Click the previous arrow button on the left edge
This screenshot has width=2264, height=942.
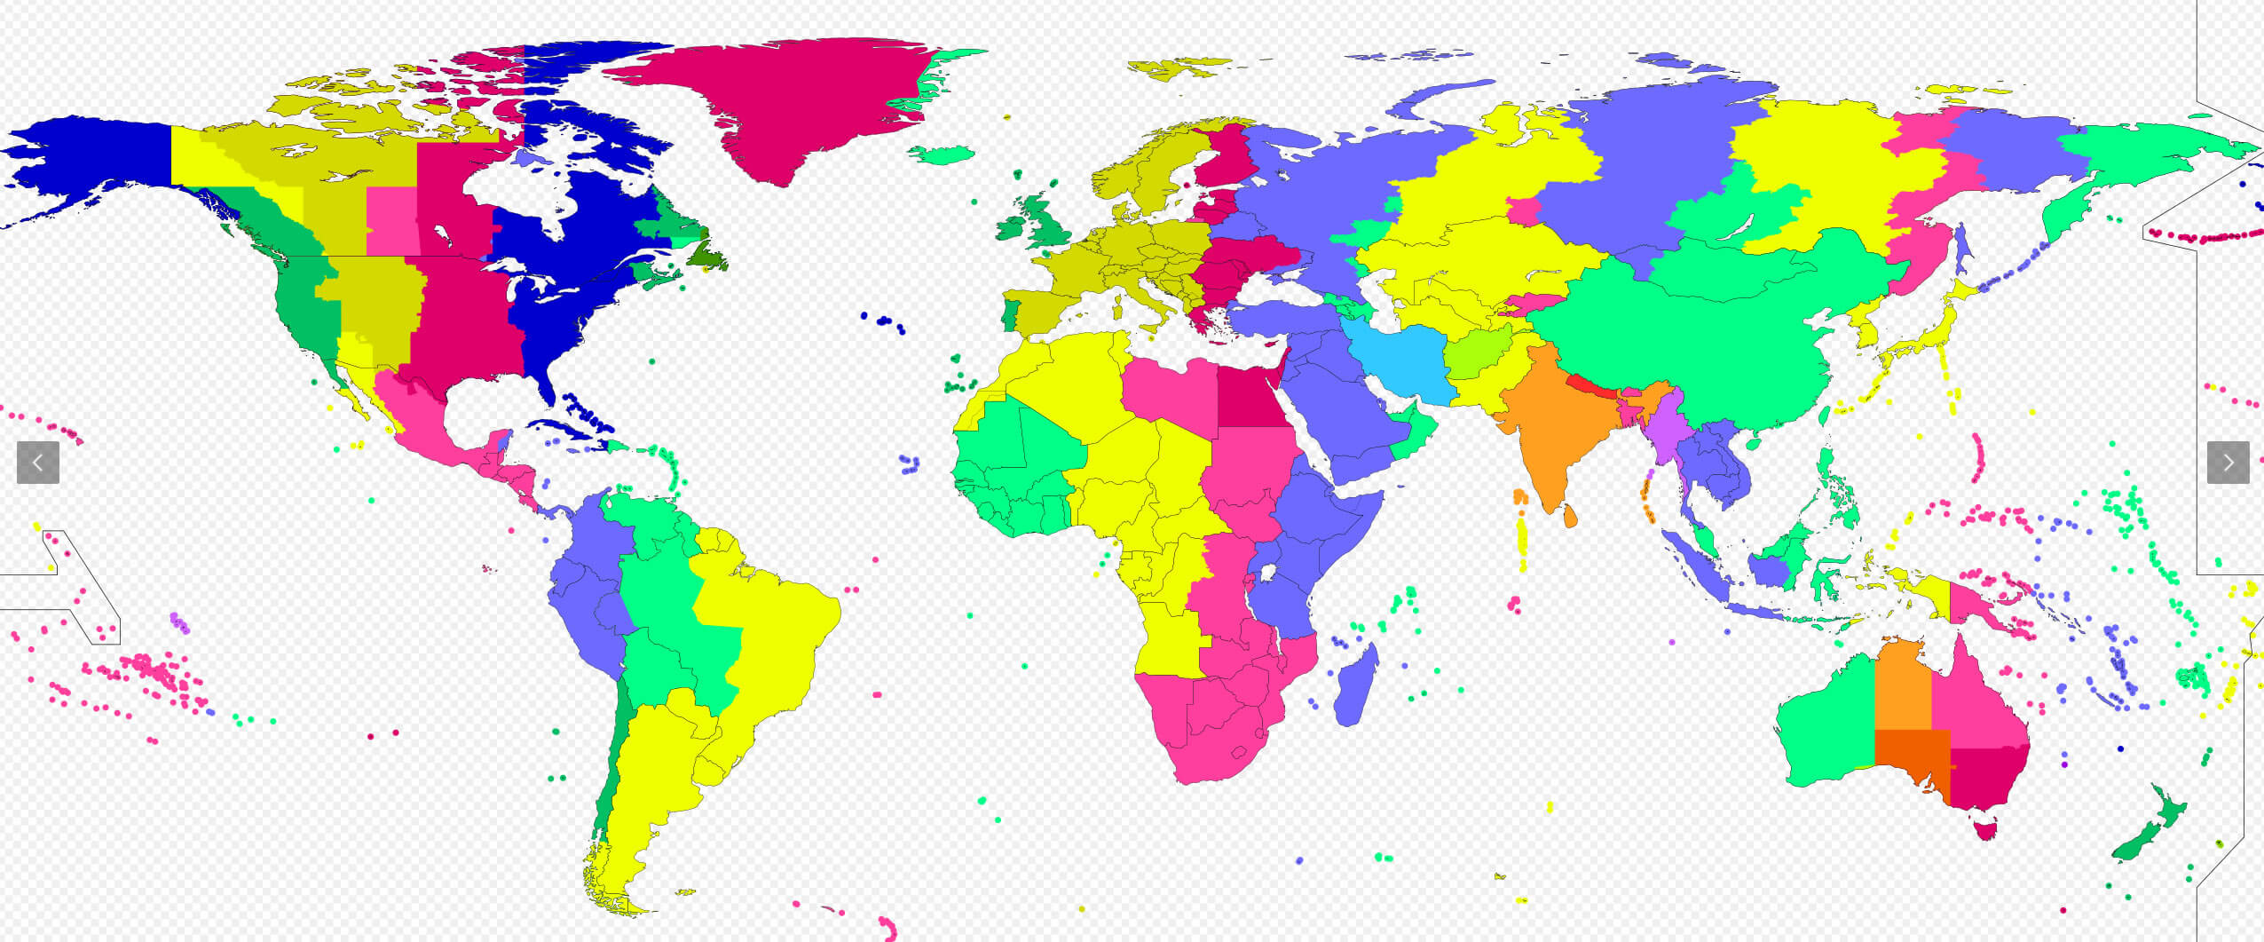click(x=38, y=463)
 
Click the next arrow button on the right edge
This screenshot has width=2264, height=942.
click(x=2228, y=463)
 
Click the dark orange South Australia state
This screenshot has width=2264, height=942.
click(x=1908, y=755)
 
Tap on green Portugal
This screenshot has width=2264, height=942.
click(x=1008, y=316)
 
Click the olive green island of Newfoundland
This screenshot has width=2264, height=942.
click(x=710, y=258)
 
